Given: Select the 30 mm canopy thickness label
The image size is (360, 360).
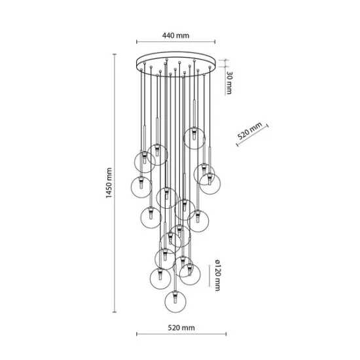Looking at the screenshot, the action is pyautogui.click(x=230, y=83).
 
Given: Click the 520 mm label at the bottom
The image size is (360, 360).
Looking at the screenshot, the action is pyautogui.click(x=181, y=327).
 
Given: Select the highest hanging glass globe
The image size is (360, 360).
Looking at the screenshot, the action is pyautogui.click(x=192, y=137).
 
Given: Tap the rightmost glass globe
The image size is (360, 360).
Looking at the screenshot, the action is pyautogui.click(x=209, y=185).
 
